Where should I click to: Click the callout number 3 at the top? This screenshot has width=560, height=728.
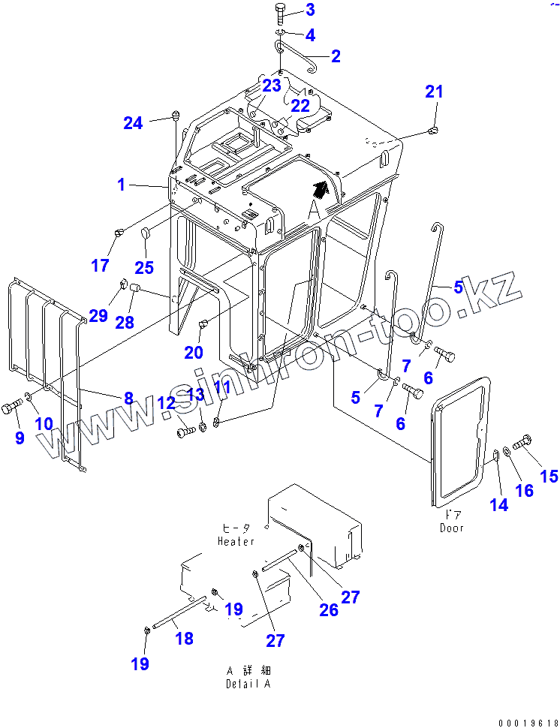pos(310,11)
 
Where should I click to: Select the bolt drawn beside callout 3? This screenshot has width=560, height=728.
pos(280,13)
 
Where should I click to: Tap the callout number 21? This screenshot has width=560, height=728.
pos(435,92)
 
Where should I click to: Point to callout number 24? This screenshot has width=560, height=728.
pos(133,123)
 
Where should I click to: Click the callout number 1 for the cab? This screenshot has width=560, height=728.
pos(122,185)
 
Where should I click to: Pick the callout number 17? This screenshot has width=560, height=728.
pos(100,265)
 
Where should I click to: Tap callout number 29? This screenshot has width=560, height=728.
pos(98,315)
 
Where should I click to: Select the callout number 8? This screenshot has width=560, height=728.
pos(128,398)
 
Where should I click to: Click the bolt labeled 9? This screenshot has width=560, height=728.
pos(12,408)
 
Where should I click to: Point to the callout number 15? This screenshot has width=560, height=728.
pos(549,475)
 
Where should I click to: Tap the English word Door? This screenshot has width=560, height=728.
pos(452,528)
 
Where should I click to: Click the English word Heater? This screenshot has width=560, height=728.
pos(236,541)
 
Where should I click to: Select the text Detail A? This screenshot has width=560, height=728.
pos(248,684)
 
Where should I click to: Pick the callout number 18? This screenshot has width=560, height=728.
pos(184,639)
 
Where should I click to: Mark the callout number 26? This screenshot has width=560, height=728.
pos(329,609)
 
